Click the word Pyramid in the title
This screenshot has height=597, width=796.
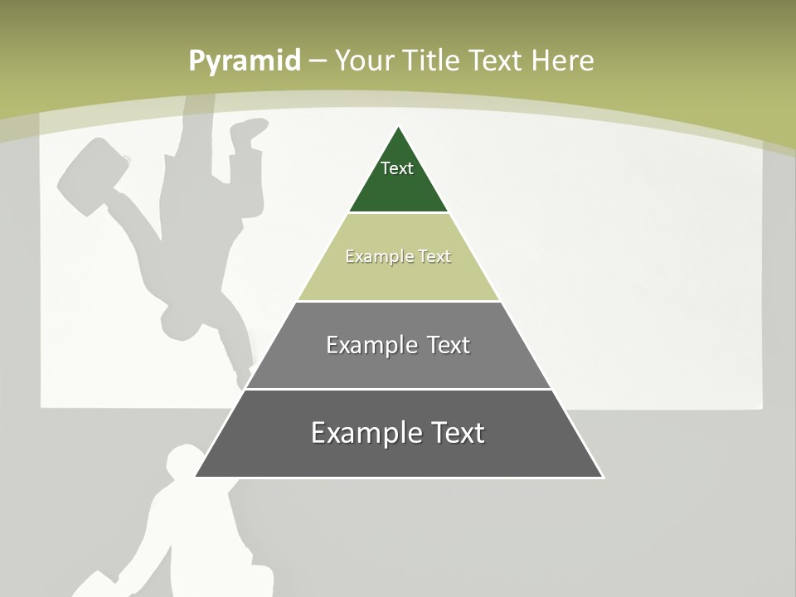click(245, 61)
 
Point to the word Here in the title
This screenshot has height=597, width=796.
click(562, 61)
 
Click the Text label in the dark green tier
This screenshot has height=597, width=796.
click(397, 168)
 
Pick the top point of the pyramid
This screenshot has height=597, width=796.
click(399, 127)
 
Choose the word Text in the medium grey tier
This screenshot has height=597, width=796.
click(448, 345)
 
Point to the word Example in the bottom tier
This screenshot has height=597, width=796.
click(359, 433)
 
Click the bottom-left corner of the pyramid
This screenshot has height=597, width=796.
click(196, 477)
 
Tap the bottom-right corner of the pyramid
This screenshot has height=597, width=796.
click(602, 477)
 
